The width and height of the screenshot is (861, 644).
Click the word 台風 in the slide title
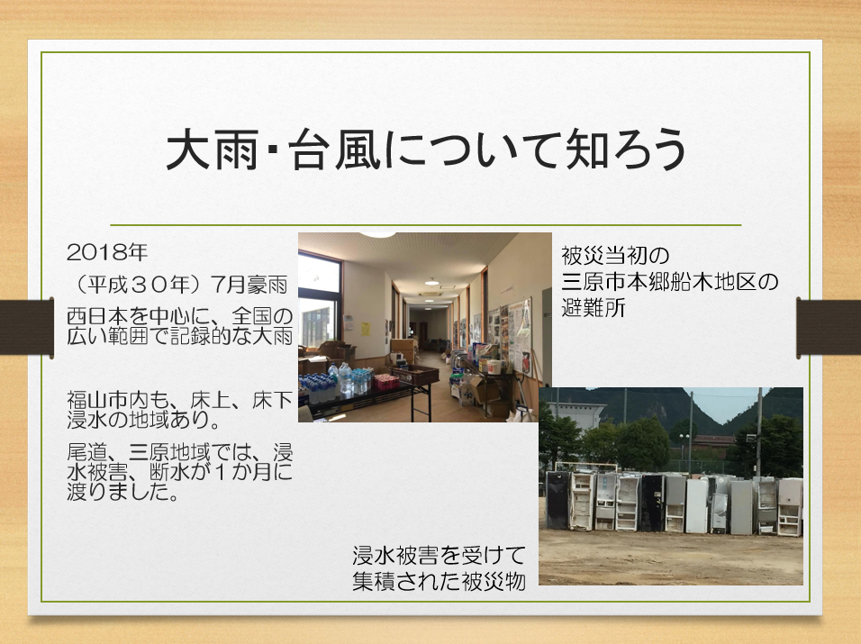coord(334,150)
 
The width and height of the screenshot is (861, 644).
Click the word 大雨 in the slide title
coord(212,150)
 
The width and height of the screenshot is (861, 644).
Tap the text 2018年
coord(108,252)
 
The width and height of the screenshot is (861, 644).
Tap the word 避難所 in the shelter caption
coord(594,308)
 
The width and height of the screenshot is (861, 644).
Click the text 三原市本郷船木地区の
coord(669,282)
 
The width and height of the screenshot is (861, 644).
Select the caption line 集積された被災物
coord(440,582)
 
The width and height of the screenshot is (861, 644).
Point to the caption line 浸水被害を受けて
coord(440,556)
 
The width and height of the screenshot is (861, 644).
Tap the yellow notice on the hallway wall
coord(366,330)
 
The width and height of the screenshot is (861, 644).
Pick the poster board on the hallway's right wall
coord(519,336)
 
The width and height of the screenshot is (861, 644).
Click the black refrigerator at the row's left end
coord(557,500)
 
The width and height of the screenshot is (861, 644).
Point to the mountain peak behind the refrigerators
coord(684,390)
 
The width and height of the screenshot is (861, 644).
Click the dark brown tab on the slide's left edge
coord(27,327)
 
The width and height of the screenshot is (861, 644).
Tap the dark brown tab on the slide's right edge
coord(829,328)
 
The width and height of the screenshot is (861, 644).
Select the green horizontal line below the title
coord(426,225)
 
